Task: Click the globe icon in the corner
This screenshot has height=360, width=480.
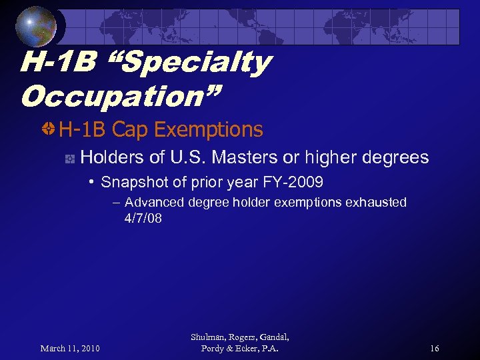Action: [x=37, y=26]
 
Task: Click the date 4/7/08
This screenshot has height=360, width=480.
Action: [x=143, y=218]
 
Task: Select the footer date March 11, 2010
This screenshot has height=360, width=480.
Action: [x=70, y=349]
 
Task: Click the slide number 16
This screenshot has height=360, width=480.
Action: [x=434, y=349]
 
